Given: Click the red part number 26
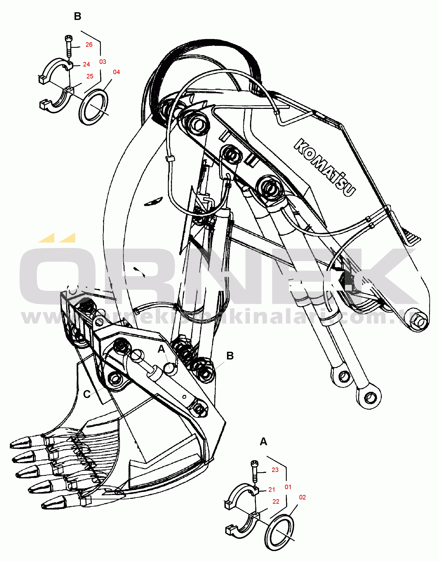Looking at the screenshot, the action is pyautogui.click(x=89, y=45).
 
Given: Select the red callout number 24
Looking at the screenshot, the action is pyautogui.click(x=86, y=64).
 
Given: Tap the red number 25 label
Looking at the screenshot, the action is pyautogui.click(x=90, y=77).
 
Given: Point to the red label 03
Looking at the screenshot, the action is pyautogui.click(x=103, y=62).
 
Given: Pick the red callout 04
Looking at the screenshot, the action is pyautogui.click(x=116, y=72).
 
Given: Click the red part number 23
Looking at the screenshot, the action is pyautogui.click(x=275, y=470).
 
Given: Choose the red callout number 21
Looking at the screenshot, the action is pyautogui.click(x=272, y=490).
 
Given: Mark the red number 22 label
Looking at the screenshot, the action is pyautogui.click(x=276, y=502).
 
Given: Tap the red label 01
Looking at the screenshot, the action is pyautogui.click(x=288, y=487).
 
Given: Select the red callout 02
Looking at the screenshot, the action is pyautogui.click(x=303, y=497).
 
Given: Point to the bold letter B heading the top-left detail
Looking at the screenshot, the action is pyautogui.click(x=78, y=17).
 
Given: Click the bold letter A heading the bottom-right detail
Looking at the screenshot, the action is pyautogui.click(x=263, y=442).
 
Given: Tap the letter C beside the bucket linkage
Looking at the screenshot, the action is pyautogui.click(x=87, y=394).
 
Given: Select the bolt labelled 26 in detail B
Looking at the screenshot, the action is pyautogui.click(x=69, y=46).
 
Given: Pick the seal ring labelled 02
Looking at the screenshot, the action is pyautogui.click(x=279, y=532).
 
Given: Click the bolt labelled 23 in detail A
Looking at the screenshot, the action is pyautogui.click(x=255, y=471).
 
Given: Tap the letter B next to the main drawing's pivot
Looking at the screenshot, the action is pyautogui.click(x=230, y=356).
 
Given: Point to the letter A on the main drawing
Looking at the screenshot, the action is pyautogui.click(x=161, y=349).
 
